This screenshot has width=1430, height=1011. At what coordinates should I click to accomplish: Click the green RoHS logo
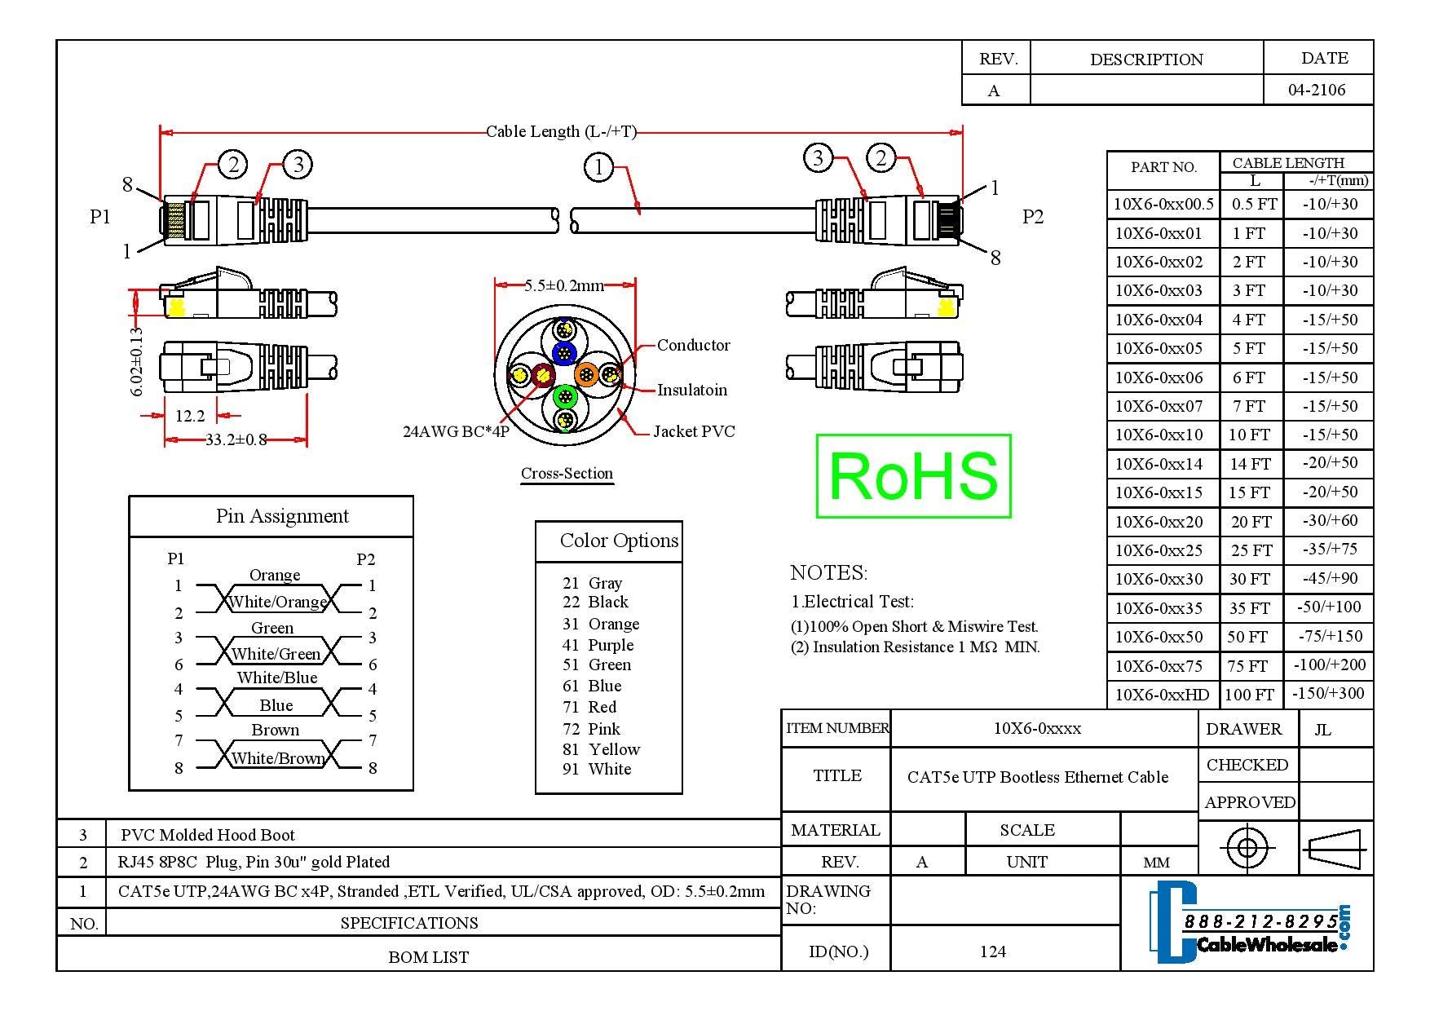[913, 476]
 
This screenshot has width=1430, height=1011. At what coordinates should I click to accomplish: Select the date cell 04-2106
[1317, 90]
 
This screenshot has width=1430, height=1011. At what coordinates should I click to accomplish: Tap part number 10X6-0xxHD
[1162, 695]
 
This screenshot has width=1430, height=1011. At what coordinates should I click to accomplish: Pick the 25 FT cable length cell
[1251, 550]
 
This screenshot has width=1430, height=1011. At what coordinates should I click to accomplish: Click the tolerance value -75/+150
[1329, 636]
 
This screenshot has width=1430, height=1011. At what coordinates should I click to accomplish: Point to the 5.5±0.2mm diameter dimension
[563, 285]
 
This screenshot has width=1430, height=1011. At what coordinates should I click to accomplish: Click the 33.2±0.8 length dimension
[236, 440]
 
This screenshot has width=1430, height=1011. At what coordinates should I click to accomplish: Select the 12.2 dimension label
[190, 416]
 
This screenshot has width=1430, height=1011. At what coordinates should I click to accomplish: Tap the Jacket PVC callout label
[694, 431]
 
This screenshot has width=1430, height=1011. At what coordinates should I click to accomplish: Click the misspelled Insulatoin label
[692, 390]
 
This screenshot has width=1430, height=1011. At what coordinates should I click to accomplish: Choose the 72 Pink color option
[591, 729]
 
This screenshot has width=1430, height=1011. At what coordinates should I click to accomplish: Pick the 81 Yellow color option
[601, 749]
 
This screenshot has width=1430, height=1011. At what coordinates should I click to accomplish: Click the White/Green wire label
[276, 654]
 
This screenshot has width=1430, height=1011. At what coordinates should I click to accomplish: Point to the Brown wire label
[275, 730]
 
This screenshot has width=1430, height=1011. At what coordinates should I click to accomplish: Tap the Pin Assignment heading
[282, 516]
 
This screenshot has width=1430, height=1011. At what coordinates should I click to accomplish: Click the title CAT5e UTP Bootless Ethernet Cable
[1037, 777]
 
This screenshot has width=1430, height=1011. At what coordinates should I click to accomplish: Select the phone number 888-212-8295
[1260, 921]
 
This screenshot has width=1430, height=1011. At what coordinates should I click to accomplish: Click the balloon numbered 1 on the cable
[598, 168]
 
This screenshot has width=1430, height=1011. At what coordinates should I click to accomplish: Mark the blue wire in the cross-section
[564, 354]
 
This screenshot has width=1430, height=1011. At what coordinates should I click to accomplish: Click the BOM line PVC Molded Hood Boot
[207, 835]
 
